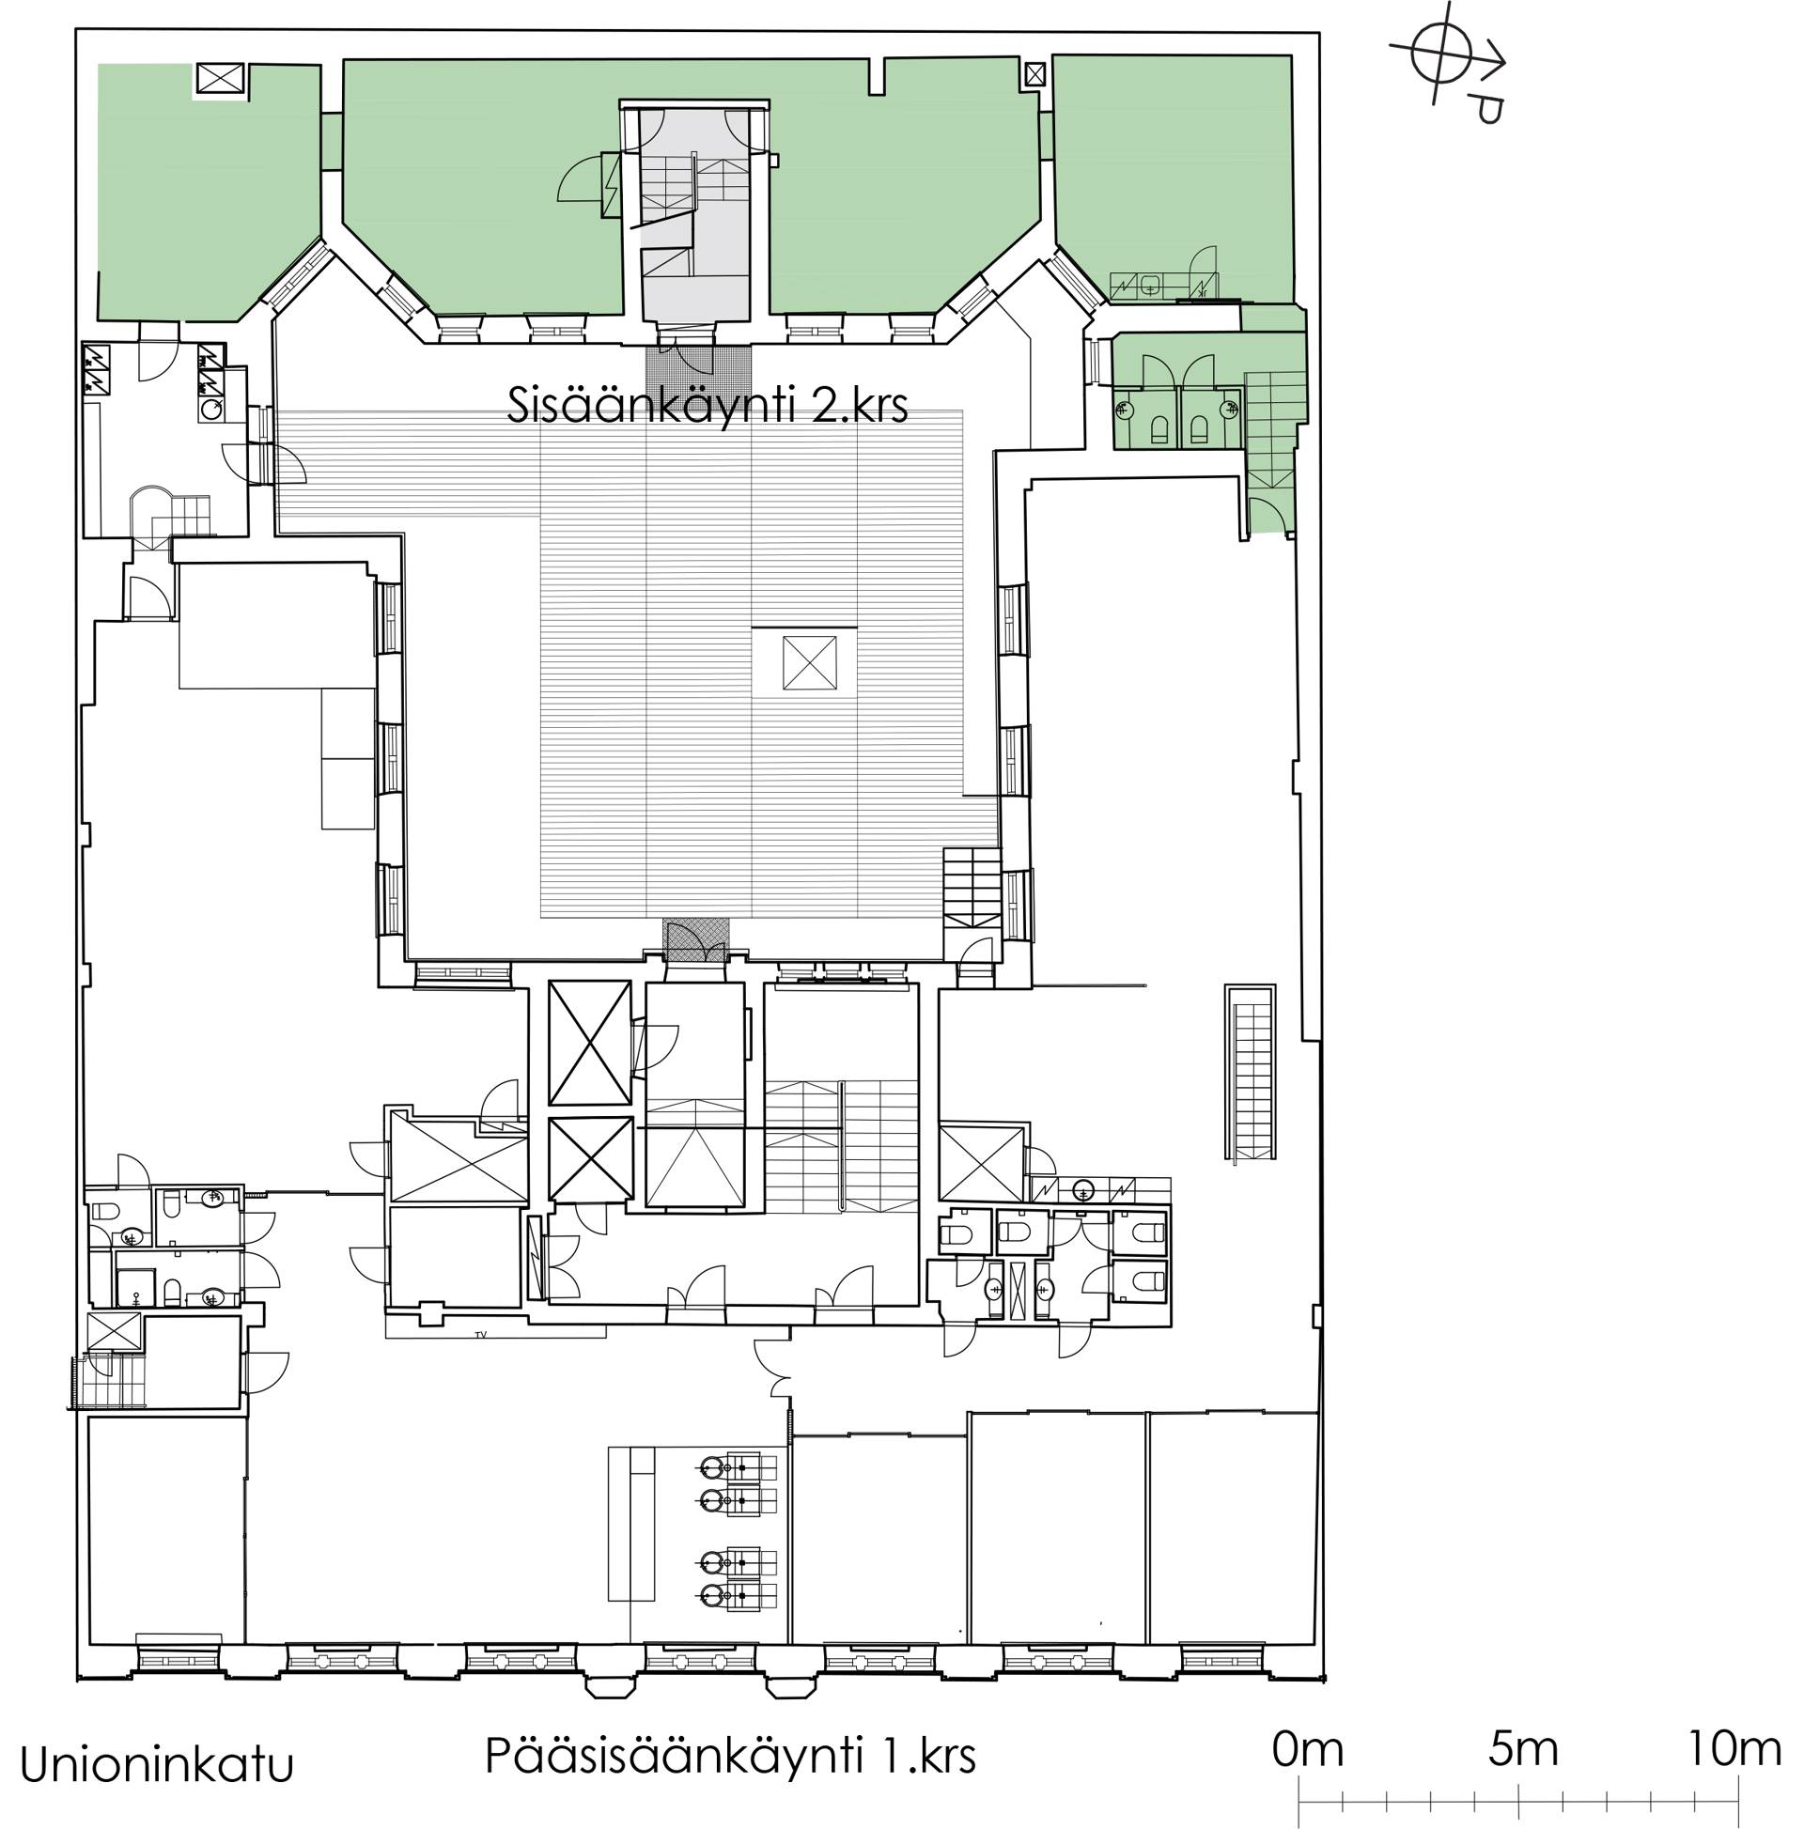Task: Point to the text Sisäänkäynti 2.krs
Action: tap(708, 406)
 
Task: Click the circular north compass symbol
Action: tap(1440, 54)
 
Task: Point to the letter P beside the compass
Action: tap(1486, 107)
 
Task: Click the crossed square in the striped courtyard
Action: tap(810, 663)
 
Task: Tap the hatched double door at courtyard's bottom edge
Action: tap(696, 942)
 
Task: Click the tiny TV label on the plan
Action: tap(481, 1334)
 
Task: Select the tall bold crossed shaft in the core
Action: tap(589, 1044)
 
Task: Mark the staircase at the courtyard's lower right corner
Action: tap(972, 885)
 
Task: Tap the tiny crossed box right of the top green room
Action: tap(1035, 73)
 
